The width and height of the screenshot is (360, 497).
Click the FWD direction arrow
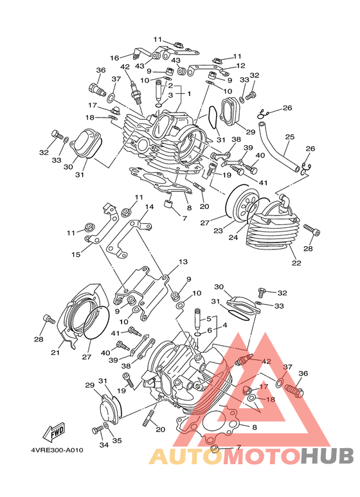coord(54,431)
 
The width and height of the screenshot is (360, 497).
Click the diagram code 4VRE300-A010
coord(57,450)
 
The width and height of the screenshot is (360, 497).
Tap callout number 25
coord(290,137)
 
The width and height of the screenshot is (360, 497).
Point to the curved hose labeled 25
coord(278,147)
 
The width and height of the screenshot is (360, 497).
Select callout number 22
coord(296,263)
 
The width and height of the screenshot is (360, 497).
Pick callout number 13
coord(183,262)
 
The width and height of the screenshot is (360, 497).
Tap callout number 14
coord(149,207)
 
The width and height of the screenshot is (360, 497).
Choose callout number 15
coord(76,254)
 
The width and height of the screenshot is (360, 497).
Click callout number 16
coord(114,58)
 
